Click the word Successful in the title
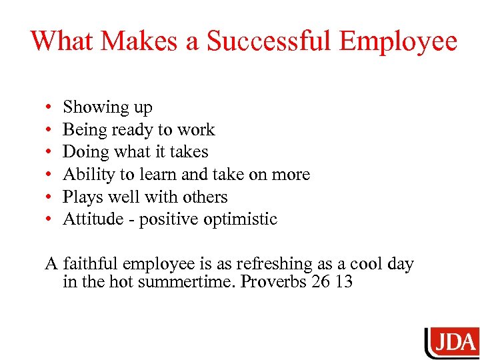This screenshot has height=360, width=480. click(269, 41)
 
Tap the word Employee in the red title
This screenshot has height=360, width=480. click(398, 41)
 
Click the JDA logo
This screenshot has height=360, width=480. click(453, 342)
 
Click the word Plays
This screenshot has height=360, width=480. click(81, 197)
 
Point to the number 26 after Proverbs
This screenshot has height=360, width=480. click(324, 281)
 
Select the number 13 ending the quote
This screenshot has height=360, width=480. click(344, 281)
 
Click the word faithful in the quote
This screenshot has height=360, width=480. click(88, 264)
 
